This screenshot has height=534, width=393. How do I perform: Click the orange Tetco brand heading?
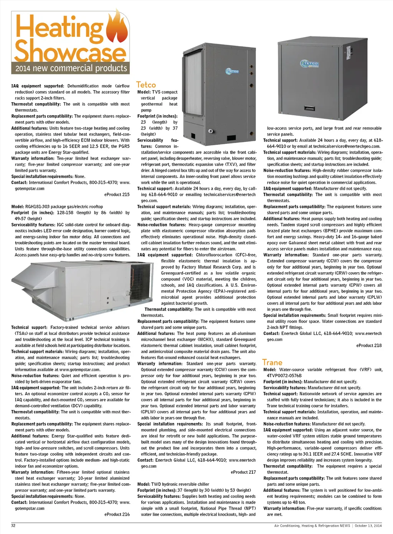click(x=146, y=85)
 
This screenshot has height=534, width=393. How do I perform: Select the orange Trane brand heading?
click(x=272, y=362)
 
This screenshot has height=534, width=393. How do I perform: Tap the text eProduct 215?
click(x=117, y=195)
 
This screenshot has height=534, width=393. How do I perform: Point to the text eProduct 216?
click(x=117, y=514)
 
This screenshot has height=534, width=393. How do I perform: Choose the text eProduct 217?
click(x=243, y=472)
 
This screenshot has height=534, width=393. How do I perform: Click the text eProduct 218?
click(x=369, y=346)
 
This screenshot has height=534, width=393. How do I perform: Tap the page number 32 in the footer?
click(x=13, y=526)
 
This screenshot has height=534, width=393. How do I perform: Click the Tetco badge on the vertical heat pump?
click(x=232, y=71)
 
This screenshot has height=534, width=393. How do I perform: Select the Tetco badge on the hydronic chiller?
click(x=310, y=64)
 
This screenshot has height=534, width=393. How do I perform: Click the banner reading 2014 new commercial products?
click(x=71, y=68)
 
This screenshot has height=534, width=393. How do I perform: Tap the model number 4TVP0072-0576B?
click(x=284, y=376)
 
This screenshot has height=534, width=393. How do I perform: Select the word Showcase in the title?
click(x=70, y=51)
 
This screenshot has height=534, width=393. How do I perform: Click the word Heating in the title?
click(x=59, y=27)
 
